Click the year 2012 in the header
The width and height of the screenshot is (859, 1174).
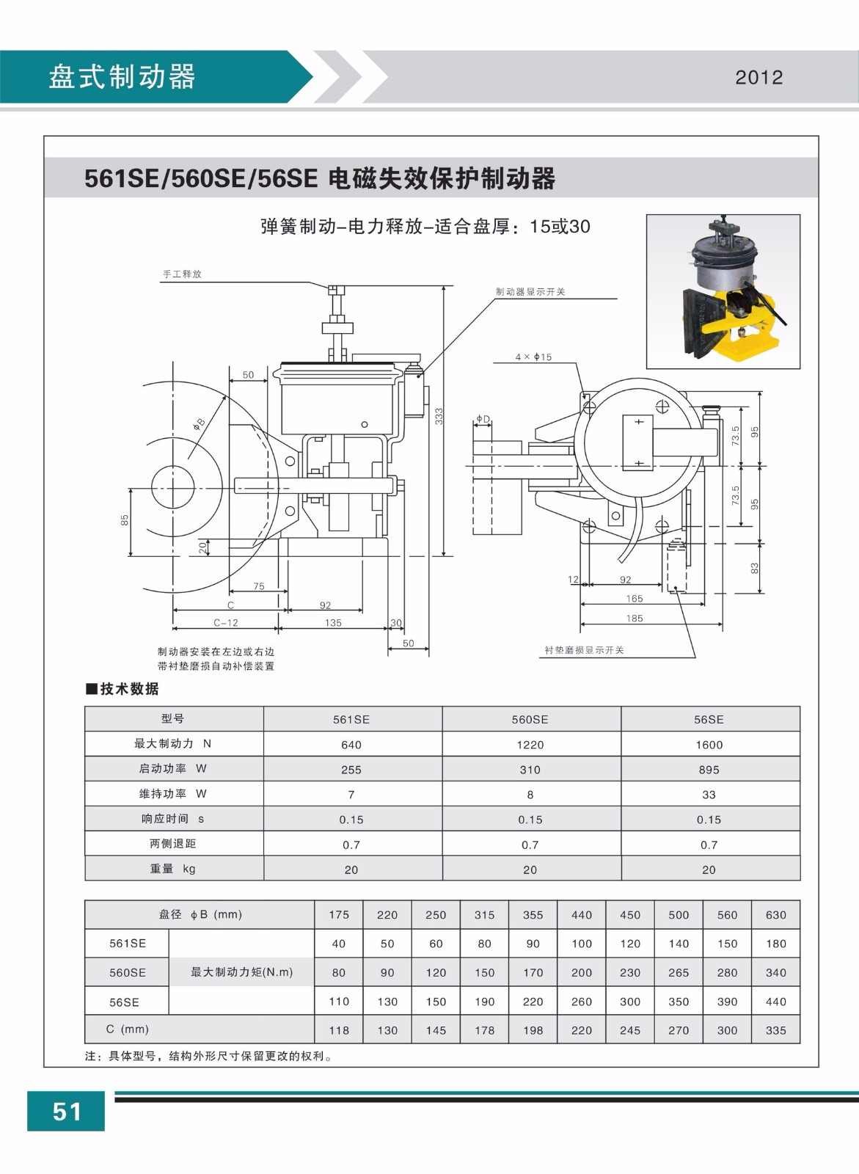[759, 78]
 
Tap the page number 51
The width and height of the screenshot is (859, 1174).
[66, 1112]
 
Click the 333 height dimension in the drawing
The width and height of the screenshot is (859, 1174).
[439, 417]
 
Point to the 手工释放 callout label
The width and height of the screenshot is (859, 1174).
[182, 274]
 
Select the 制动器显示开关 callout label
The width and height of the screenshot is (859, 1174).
[530, 292]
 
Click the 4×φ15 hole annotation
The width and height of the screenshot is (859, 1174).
[533, 357]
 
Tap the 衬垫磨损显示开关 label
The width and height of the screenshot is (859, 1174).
[584, 651]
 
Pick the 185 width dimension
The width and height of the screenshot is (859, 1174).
[635, 619]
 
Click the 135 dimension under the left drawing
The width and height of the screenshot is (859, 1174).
[333, 623]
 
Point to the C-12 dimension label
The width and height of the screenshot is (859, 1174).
[226, 623]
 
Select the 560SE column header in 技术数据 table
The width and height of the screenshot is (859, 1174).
[530, 720]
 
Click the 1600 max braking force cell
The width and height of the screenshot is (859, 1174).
[709, 745]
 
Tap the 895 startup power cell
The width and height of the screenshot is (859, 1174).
[709, 770]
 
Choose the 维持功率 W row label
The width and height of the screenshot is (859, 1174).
[173, 794]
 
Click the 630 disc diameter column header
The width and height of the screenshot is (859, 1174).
[775, 915]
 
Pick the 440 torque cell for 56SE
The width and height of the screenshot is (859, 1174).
[775, 1002]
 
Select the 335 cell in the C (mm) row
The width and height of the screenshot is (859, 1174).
[775, 1030]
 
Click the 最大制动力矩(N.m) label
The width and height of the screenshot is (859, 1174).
[241, 972]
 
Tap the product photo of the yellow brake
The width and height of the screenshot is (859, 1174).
[723, 291]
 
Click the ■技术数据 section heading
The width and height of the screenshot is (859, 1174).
[122, 689]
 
